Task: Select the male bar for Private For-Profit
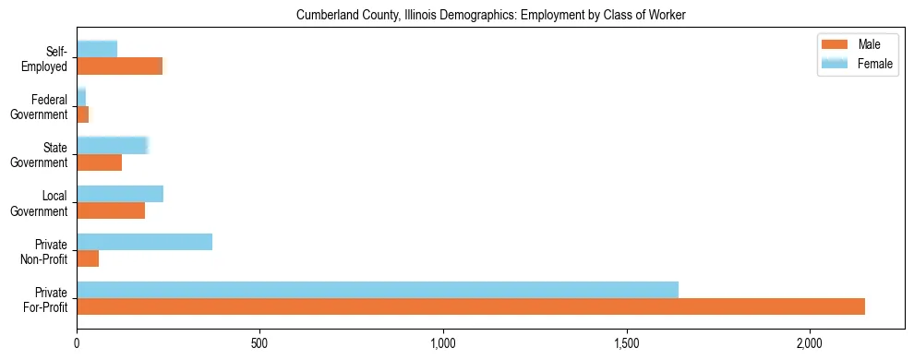pos(471,306)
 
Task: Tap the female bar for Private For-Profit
pos(378,290)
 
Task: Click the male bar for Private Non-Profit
pos(88,258)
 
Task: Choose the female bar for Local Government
pos(120,194)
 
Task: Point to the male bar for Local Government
pos(111,210)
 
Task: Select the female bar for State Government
pos(113,146)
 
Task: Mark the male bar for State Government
pos(99,162)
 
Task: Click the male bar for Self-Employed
pos(119,66)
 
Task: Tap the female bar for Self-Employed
pos(97,49)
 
